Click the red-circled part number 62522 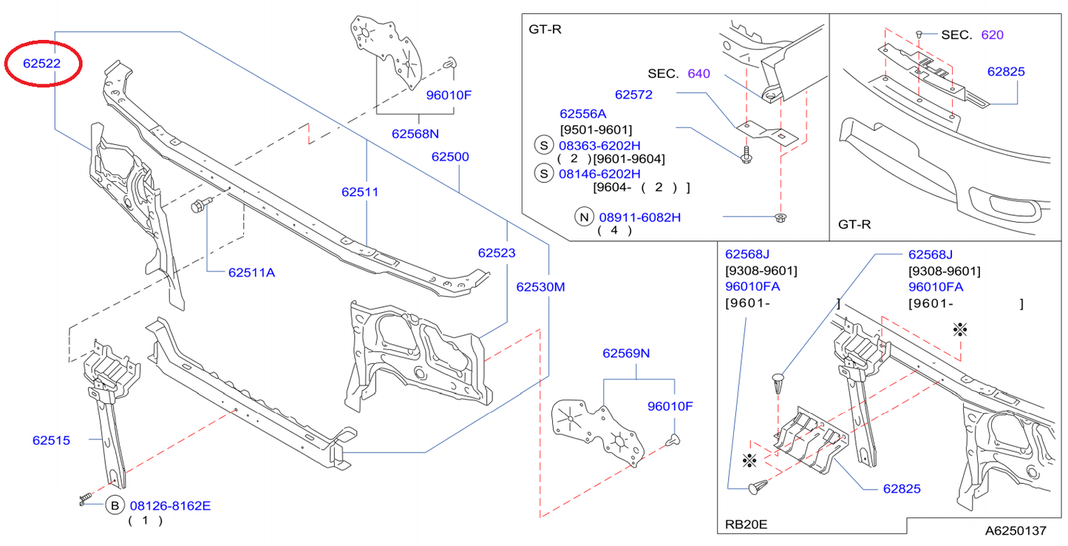pyautogui.click(x=41, y=64)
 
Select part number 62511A pyautogui.click(x=251, y=272)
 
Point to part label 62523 pyautogui.click(x=497, y=252)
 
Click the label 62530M pyautogui.click(x=540, y=287)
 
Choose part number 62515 pyautogui.click(x=51, y=440)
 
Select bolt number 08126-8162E pyautogui.click(x=171, y=506)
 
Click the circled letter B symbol pyautogui.click(x=115, y=506)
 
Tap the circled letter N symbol pyautogui.click(x=584, y=217)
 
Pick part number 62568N pyautogui.click(x=415, y=134)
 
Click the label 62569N pyautogui.click(x=626, y=354)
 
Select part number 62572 pyautogui.click(x=634, y=95)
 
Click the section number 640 pyautogui.click(x=698, y=73)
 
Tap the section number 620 pyautogui.click(x=992, y=35)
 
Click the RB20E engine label pyautogui.click(x=746, y=524)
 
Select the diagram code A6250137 pyautogui.click(x=1016, y=530)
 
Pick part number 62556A pyautogui.click(x=582, y=114)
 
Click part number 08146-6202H pyautogui.click(x=599, y=173)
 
